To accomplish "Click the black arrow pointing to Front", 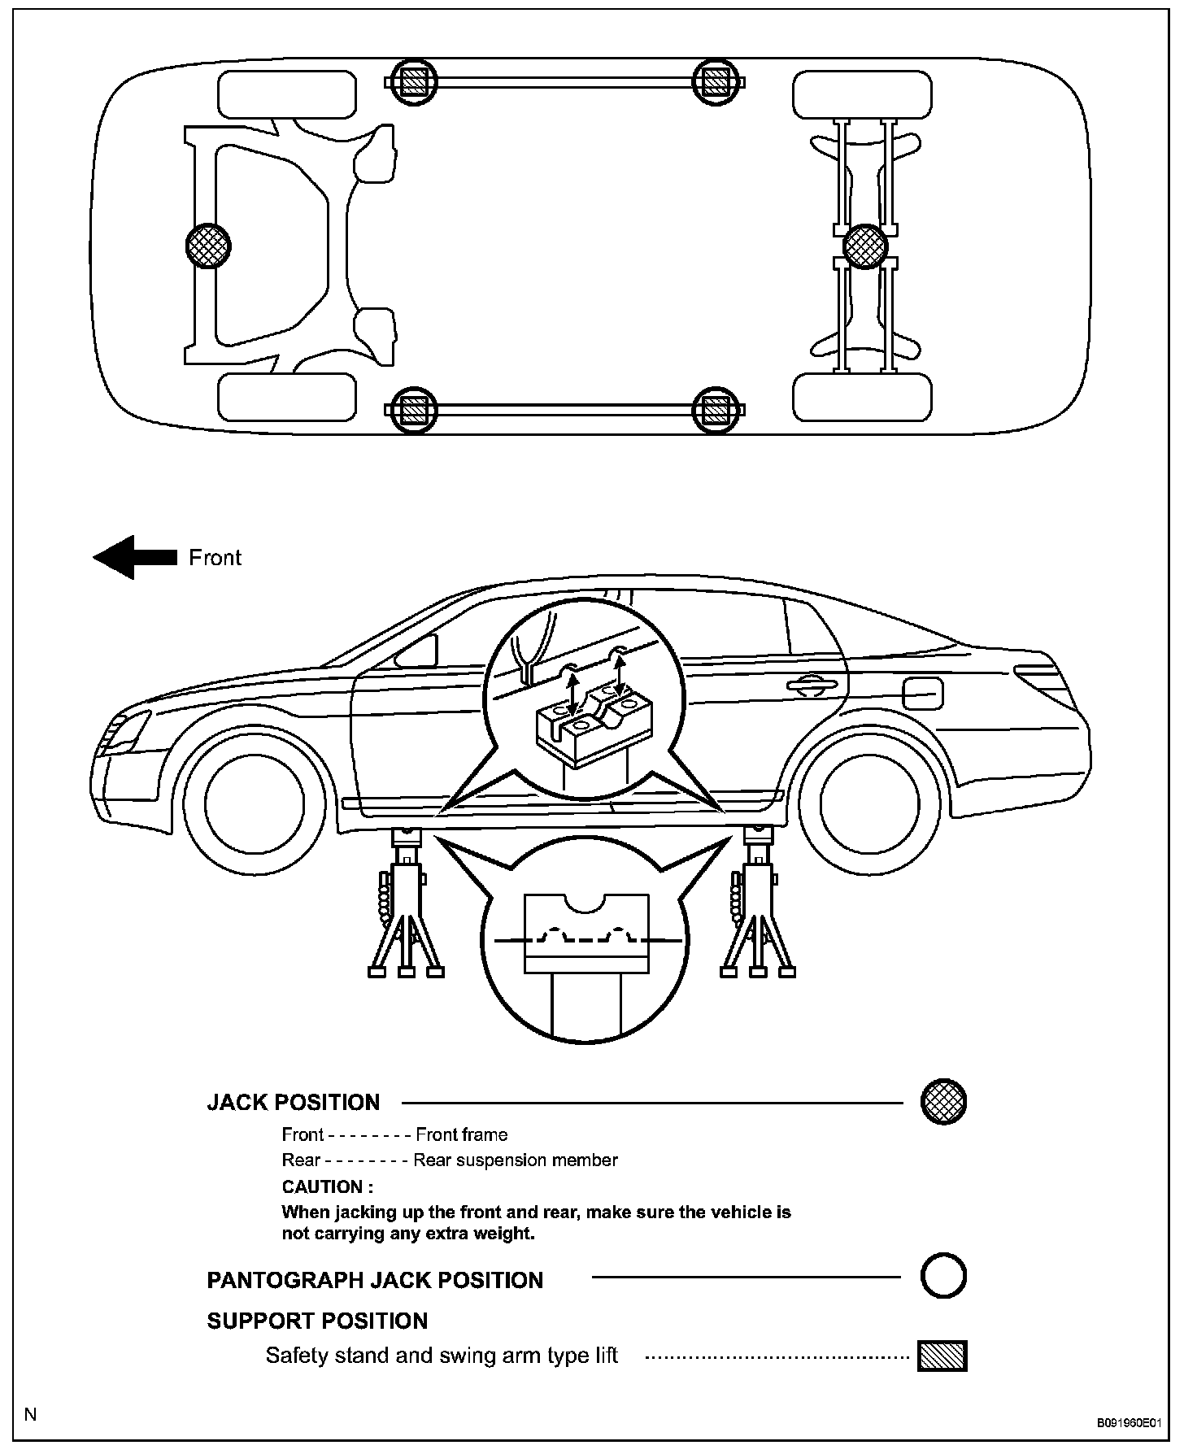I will coord(134,557).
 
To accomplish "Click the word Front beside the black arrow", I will coord(215,558).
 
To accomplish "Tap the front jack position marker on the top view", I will coord(208,245).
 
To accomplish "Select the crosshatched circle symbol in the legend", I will coord(943,1102).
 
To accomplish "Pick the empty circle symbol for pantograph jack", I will coord(943,1276).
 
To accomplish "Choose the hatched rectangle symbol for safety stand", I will coord(942,1356).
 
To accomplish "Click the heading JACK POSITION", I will coord(293,1103).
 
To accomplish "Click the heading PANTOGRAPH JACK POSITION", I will coord(375,1280).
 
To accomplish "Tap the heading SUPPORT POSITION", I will coord(317,1321).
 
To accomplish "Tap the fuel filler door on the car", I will coord(922,692).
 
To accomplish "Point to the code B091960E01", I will coord(1128,1423).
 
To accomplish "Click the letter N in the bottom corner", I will coord(31,1414).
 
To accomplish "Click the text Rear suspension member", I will coord(516,1160).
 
